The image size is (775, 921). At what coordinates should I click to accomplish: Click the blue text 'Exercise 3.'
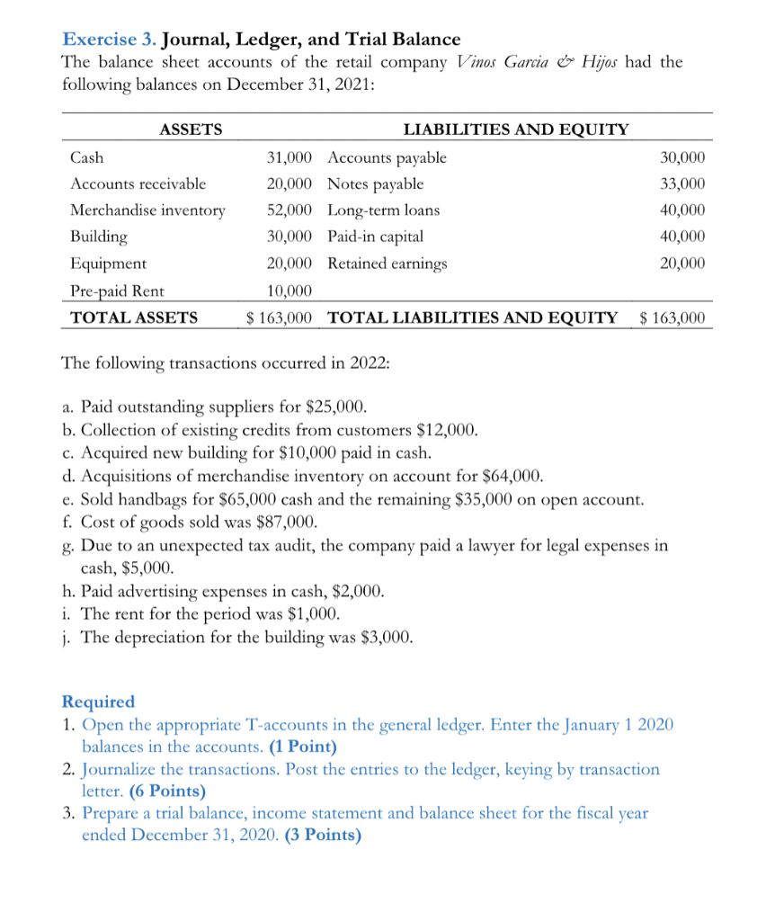110,39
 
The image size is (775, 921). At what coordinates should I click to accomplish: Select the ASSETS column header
190,130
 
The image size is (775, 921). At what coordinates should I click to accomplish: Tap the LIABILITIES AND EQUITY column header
516,130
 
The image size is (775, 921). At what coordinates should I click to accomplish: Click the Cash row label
86,158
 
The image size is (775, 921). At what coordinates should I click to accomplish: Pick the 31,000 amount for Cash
290,158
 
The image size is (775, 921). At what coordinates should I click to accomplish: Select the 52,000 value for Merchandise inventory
290,210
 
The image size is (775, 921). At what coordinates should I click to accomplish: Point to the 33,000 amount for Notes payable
682,184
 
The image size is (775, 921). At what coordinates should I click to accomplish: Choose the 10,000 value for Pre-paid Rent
290,291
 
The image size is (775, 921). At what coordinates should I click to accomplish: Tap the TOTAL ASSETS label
134,317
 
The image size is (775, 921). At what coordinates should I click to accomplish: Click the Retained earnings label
387,264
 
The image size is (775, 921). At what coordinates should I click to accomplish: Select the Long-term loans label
384,210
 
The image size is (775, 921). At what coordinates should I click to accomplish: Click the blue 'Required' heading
98,702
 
